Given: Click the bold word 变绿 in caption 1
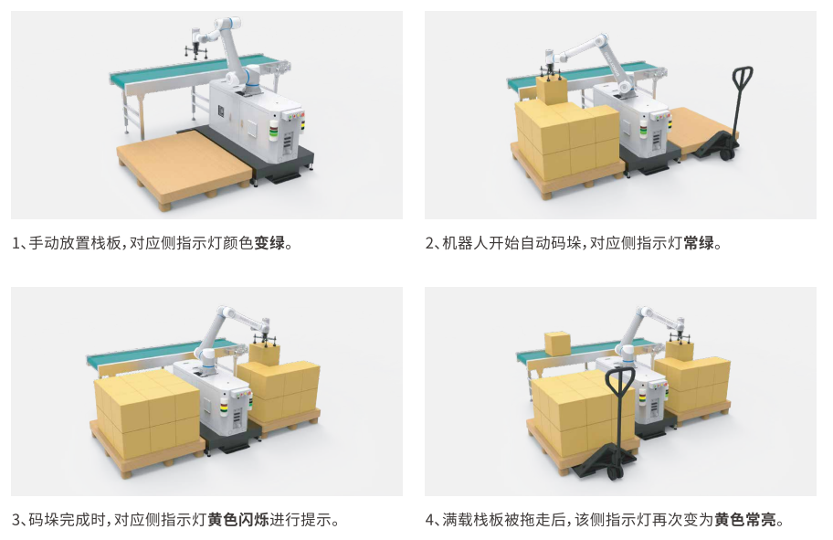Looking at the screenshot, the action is (x=269, y=243).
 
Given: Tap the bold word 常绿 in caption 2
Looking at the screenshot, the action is (x=699, y=243).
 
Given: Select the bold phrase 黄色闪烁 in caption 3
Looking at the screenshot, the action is (x=238, y=519).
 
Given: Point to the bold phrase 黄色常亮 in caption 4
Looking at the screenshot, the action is (x=744, y=519).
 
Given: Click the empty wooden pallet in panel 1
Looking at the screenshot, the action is (x=184, y=167).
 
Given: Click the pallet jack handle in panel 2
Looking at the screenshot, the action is (x=742, y=101).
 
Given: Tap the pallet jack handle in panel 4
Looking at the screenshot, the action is (x=620, y=409).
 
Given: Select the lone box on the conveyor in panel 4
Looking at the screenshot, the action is (x=557, y=344).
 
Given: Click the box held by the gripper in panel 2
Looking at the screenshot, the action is (x=552, y=90).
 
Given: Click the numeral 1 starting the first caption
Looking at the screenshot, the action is (x=16, y=243).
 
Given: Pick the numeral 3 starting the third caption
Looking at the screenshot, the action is (x=16, y=519).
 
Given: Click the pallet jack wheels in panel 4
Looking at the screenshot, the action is (x=617, y=471).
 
